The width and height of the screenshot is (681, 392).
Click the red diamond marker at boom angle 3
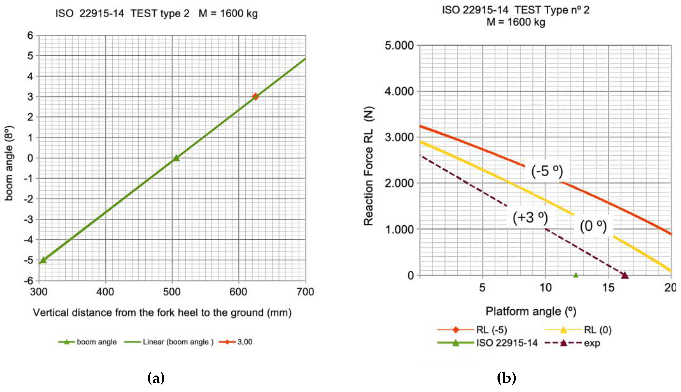pyautogui.click(x=255, y=96)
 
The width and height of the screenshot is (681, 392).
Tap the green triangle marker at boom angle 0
pyautogui.click(x=176, y=158)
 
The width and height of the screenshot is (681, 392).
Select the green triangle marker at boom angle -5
pyautogui.click(x=43, y=260)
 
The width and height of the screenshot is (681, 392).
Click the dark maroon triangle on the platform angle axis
pyautogui.click(x=625, y=275)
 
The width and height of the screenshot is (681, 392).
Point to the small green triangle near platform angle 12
pyautogui.click(x=576, y=275)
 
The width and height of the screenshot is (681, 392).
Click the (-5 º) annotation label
pyautogui.click(x=547, y=171)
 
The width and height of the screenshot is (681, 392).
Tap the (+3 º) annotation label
pyautogui.click(x=530, y=217)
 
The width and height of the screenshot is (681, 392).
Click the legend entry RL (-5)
pyautogui.click(x=491, y=330)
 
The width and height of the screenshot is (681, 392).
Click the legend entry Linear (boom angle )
pyautogui.click(x=178, y=342)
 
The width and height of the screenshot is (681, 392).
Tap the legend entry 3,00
pyautogui.click(x=245, y=342)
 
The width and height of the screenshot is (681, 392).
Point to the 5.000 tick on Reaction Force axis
pyautogui.click(x=399, y=46)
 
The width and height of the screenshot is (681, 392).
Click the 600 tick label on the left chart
pyautogui.click(x=238, y=292)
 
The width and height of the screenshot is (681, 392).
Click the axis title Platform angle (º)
pyautogui.click(x=531, y=312)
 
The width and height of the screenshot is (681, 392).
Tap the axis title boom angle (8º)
pyautogui.click(x=9, y=163)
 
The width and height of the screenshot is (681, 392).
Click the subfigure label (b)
pyautogui.click(x=506, y=378)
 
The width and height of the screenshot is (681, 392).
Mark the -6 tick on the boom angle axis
pyautogui.click(x=30, y=281)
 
